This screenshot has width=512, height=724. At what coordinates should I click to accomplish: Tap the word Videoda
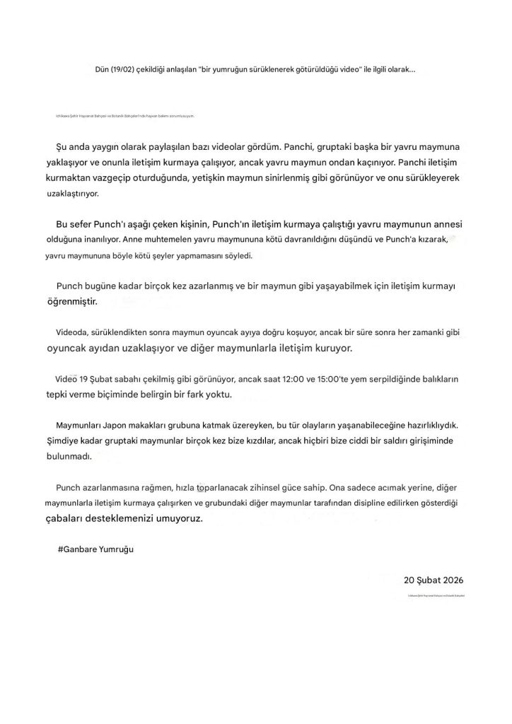coord(72,331)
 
